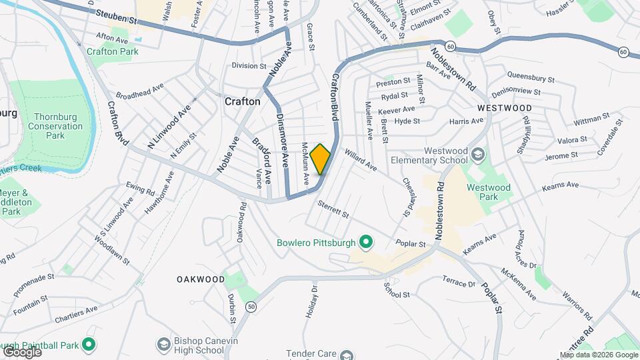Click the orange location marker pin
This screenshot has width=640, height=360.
coord(321,159)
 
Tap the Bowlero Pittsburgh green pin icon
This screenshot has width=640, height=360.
coord(365,241)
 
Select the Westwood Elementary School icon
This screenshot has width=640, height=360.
coord(477,155)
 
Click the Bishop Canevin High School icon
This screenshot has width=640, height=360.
coord(163,345)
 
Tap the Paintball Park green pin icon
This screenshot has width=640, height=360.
coord(88,345)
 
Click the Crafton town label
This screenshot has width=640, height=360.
coord(242,101)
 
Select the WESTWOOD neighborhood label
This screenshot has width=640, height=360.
coord(505,107)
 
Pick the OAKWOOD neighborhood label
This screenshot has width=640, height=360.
coord(201,279)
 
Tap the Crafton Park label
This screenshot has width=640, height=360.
coord(112,51)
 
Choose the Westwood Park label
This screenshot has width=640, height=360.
coord(489,192)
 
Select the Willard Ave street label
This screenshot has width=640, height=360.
coord(361,159)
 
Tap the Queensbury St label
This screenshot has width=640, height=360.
coord(531,77)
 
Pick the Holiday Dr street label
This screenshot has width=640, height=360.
coord(313,299)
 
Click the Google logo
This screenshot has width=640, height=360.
coord(21,351)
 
